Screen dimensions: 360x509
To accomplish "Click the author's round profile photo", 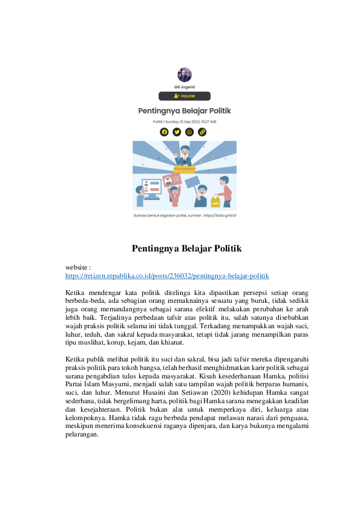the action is tap(185, 75).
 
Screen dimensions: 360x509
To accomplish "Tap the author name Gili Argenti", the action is tap(185, 87).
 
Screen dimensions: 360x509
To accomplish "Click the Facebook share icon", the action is tap(164, 132).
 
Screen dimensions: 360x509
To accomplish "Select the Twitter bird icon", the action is tap(177, 132).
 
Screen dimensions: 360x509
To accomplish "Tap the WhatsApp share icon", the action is tap(189, 132).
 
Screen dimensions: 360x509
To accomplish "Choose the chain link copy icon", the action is tap(202, 132).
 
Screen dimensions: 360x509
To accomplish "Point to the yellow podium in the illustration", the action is tap(184, 170).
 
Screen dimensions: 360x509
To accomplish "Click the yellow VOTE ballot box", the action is tap(216, 202).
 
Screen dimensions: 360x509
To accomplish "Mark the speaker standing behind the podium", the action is tap(185, 157).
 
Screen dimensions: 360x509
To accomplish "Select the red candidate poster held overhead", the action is tap(171, 180).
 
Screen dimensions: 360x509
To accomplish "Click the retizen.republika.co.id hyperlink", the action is tap(167, 275).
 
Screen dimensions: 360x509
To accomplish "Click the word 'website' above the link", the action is tap(77, 267).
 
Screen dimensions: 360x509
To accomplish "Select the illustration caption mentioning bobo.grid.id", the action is tap(185, 215).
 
